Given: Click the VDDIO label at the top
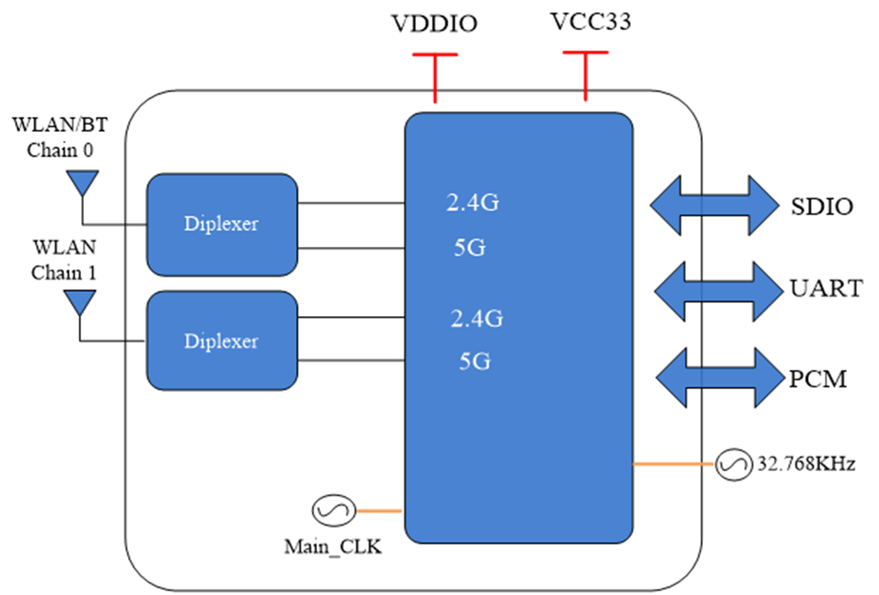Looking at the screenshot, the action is (x=434, y=24).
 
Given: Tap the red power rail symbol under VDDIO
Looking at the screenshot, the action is (x=435, y=78).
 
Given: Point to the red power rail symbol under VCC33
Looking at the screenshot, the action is (x=585, y=76).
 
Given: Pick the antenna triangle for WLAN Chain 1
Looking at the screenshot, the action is (x=79, y=301).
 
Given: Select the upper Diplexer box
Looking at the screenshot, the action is (x=222, y=225).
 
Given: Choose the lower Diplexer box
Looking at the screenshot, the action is (x=222, y=341).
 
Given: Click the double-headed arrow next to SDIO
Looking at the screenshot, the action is (x=715, y=205).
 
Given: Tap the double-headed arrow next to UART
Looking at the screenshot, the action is (x=719, y=292).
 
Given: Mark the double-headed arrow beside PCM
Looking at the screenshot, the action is (x=720, y=378).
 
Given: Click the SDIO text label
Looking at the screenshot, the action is (x=822, y=206).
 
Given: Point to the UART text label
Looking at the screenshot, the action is (x=826, y=288).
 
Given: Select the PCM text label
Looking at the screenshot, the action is (x=818, y=379).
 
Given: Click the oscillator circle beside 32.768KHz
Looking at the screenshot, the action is (x=733, y=464).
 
